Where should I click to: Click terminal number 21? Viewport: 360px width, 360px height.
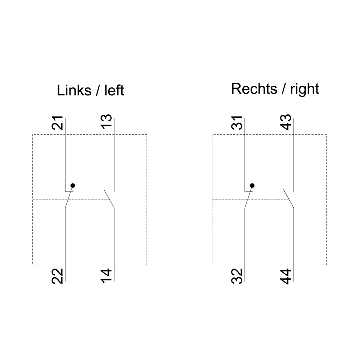pyautogui.click(x=57, y=123)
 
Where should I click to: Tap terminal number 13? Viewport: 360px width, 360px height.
pyautogui.click(x=107, y=121)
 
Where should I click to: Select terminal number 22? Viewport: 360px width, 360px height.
pyautogui.click(x=57, y=276)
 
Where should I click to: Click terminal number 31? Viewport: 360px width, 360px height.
pyautogui.click(x=237, y=123)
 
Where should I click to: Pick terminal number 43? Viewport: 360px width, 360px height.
pyautogui.click(x=286, y=122)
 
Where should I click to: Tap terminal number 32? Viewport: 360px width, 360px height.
pyautogui.click(x=237, y=276)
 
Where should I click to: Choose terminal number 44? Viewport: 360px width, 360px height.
pyautogui.click(x=286, y=276)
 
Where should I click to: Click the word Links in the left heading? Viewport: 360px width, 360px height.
pyautogui.click(x=74, y=90)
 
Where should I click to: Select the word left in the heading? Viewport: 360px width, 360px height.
pyautogui.click(x=114, y=90)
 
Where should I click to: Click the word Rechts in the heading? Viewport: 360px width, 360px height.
pyautogui.click(x=254, y=89)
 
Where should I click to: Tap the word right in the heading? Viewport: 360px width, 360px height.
pyautogui.click(x=305, y=89)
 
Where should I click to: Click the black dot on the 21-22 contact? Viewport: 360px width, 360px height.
pyautogui.click(x=73, y=185)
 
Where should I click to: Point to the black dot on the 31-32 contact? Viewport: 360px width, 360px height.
pyautogui.click(x=252, y=185)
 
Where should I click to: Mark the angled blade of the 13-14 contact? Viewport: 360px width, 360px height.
pyautogui.click(x=109, y=199)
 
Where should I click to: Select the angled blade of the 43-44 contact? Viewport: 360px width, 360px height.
pyautogui.click(x=289, y=199)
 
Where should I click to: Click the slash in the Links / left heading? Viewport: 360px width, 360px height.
pyautogui.click(x=98, y=90)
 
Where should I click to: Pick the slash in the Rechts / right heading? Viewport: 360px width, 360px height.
pyautogui.click(x=284, y=89)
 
